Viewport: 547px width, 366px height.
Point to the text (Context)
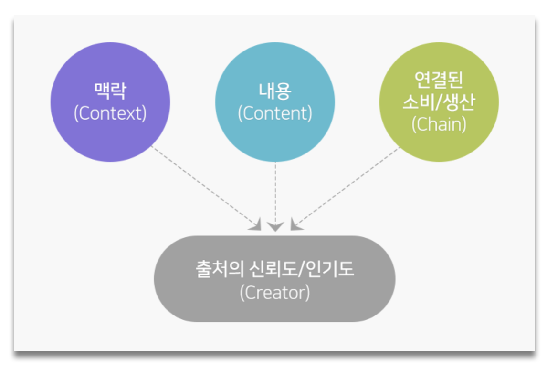[x=110, y=113]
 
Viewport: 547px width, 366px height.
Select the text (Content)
[x=275, y=113]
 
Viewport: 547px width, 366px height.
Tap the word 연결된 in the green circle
[x=439, y=80]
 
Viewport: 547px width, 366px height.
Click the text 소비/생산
[x=439, y=102]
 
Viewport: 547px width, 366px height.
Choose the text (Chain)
[x=439, y=124]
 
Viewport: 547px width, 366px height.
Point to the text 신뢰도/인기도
[x=301, y=270]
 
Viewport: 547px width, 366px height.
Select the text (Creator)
[x=274, y=292]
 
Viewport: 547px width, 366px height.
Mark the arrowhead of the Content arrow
[x=275, y=226]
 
